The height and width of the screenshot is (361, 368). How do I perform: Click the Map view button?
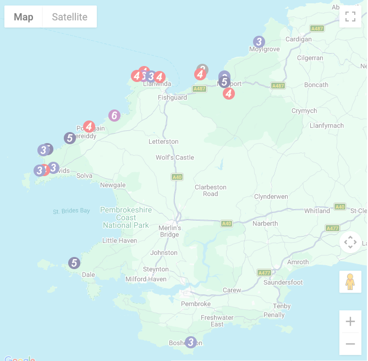point(24,17)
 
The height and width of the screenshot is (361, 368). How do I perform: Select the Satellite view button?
point(69,17)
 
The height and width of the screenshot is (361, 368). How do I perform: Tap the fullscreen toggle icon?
point(350,17)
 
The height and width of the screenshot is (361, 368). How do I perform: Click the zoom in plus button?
point(350,321)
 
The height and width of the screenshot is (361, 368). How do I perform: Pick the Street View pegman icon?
point(350,282)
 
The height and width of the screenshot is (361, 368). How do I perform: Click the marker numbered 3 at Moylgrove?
point(259,42)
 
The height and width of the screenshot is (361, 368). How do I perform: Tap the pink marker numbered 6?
point(114,116)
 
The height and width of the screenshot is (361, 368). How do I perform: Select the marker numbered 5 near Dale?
point(74,263)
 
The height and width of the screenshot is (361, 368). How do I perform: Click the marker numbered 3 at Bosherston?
point(190,342)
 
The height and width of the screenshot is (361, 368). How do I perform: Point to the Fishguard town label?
point(172,97)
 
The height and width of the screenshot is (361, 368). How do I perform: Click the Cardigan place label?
point(298,39)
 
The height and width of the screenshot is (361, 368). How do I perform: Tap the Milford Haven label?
point(146,279)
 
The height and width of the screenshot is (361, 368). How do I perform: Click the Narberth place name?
point(265,223)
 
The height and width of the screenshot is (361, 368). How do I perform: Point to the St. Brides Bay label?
point(72,211)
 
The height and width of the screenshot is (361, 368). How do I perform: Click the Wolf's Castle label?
point(175,157)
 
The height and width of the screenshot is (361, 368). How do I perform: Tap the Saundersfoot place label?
point(283,282)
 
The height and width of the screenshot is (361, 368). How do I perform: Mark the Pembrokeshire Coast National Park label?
point(126,217)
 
